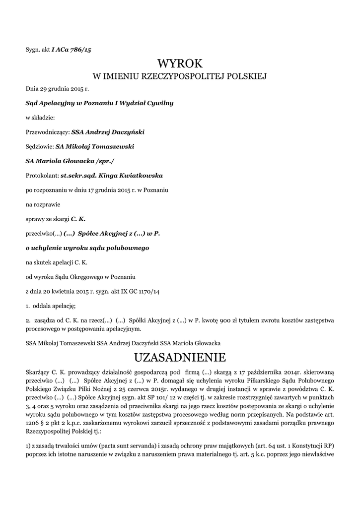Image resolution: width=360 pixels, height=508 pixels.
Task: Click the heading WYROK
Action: point(180,63)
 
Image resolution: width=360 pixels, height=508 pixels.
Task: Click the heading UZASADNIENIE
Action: point(180,357)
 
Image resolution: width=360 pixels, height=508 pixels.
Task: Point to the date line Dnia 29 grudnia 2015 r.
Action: point(57,89)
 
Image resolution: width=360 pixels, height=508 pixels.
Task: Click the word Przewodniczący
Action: point(48,132)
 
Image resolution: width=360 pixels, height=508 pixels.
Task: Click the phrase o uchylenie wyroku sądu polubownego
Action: point(87,247)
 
